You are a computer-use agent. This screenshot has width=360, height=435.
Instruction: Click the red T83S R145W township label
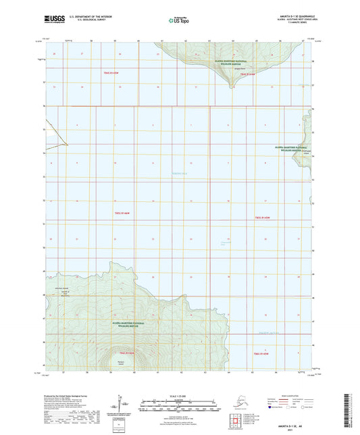point(263,217)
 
